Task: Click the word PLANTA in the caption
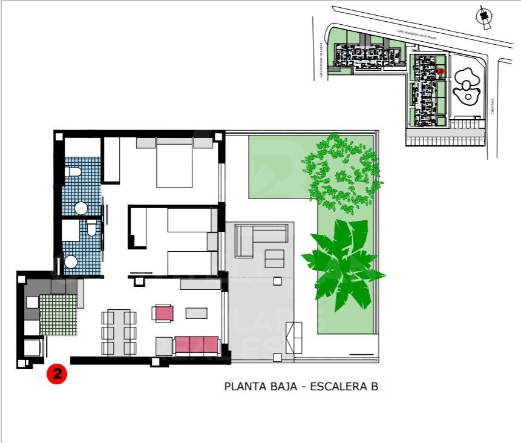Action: click(244, 386)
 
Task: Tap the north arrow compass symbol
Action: click(483, 16)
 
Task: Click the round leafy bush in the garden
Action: click(342, 172)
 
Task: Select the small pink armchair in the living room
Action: click(164, 313)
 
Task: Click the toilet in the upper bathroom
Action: click(73, 172)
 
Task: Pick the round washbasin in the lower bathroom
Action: click(71, 262)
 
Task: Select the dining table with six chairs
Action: click(119, 332)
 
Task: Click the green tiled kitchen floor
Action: click(57, 314)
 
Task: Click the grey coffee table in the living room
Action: click(196, 313)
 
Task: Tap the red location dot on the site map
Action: click(441, 71)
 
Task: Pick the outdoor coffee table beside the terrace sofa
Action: click(274, 259)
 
